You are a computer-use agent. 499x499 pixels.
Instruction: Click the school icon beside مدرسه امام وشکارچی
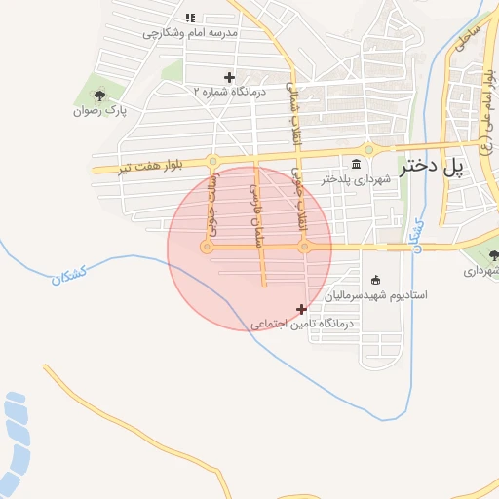click(x=190, y=18)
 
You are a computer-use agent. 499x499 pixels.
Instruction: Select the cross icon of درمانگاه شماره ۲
click(x=229, y=77)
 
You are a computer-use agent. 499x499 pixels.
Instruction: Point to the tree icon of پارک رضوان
click(x=98, y=96)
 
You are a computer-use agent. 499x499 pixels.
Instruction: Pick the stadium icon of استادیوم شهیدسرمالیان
click(x=376, y=280)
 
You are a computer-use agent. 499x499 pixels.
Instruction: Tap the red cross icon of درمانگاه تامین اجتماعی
click(x=301, y=309)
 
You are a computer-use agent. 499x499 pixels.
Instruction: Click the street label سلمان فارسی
click(x=258, y=212)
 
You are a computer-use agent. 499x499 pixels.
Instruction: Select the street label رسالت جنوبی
click(x=214, y=203)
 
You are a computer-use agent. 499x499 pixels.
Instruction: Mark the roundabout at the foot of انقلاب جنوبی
click(x=305, y=247)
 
